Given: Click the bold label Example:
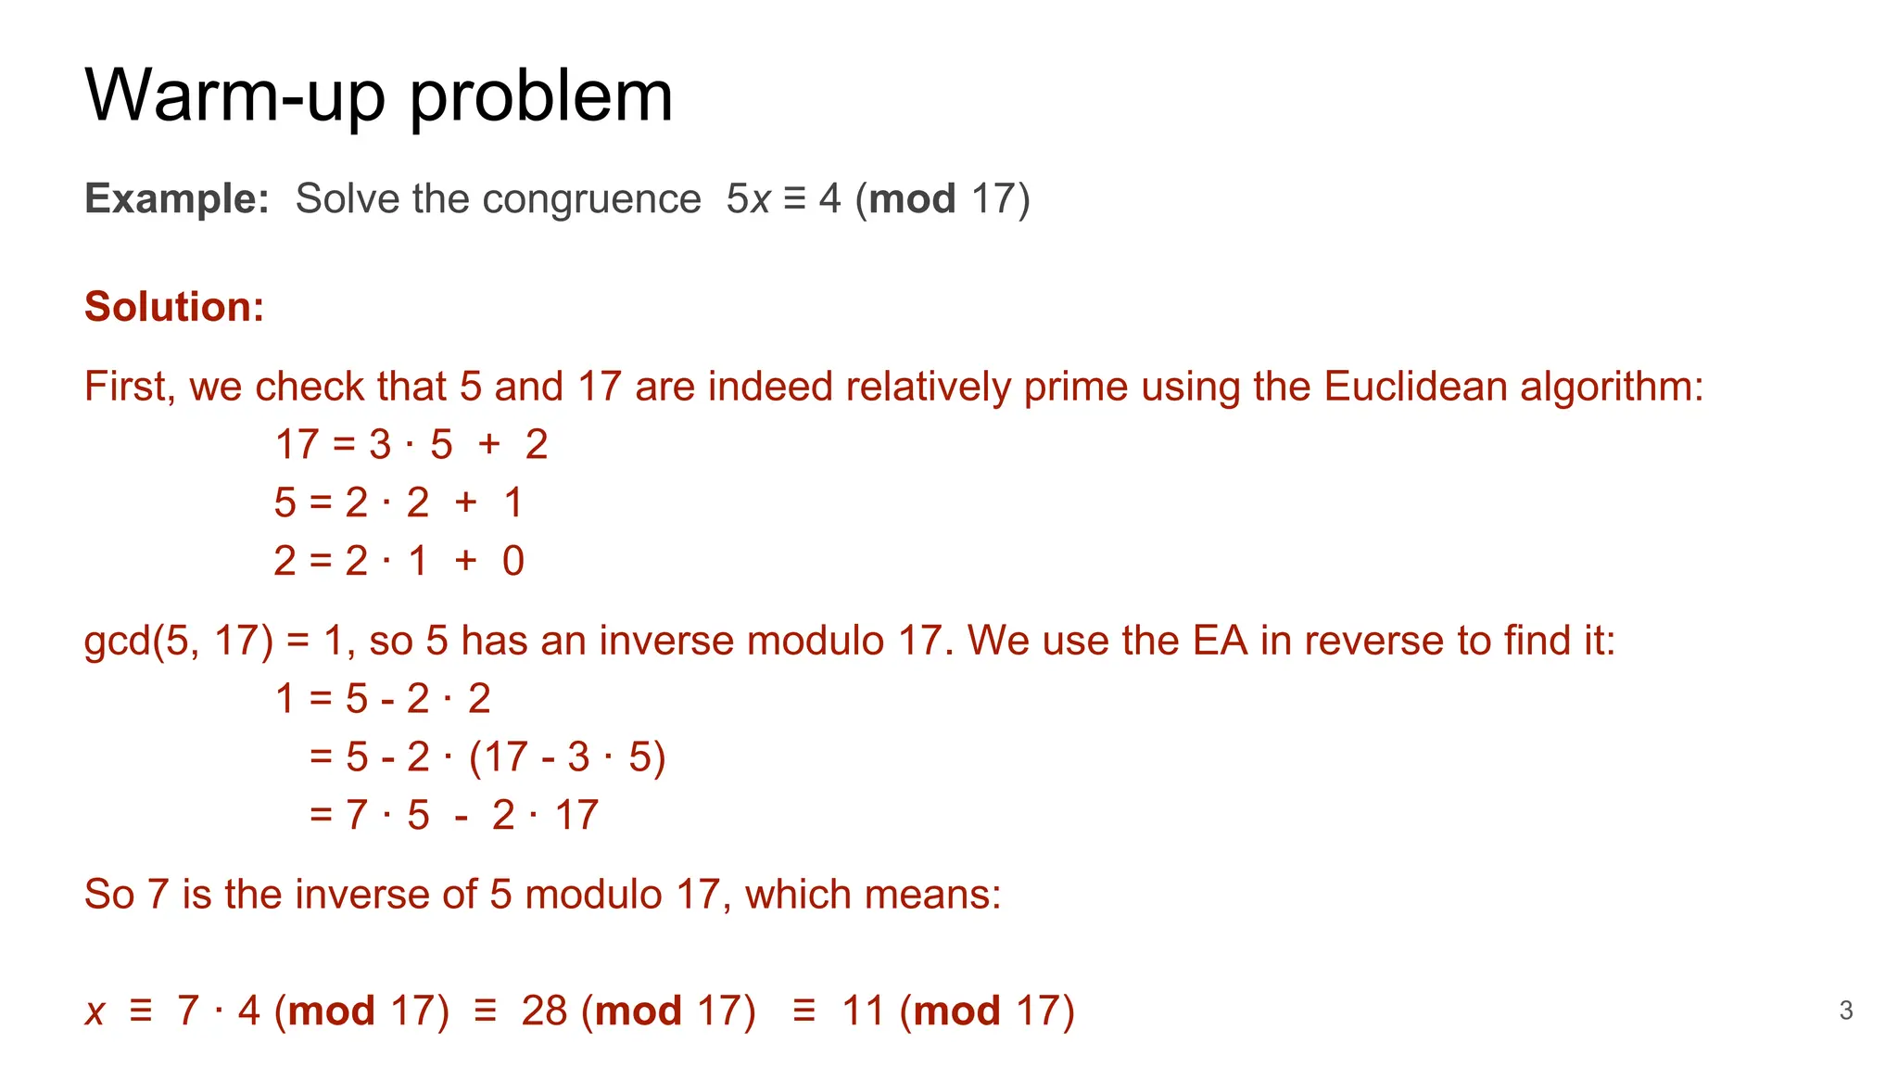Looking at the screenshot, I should (176, 198).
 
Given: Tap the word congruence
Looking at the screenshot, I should (590, 198).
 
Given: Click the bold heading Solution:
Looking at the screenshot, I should (174, 307).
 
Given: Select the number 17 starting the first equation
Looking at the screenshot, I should (297, 445).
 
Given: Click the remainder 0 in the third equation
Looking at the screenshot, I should (513, 561).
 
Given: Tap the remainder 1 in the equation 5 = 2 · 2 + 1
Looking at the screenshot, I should (513, 502).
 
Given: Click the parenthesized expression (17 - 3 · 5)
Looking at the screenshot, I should (567, 757).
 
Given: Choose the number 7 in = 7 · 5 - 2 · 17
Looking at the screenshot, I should (357, 816).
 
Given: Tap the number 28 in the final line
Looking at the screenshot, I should (544, 1011).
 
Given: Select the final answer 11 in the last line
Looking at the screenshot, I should (863, 1011).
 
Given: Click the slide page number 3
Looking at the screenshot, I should (1845, 1011).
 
